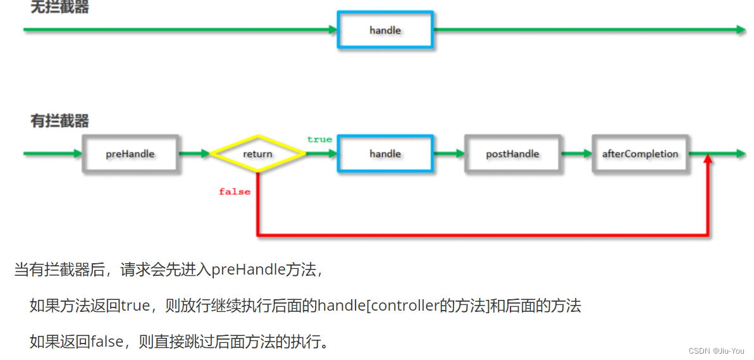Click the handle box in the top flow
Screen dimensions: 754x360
pos(385,30)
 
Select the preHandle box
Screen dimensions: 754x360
pos(130,154)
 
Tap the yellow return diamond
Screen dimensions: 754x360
pos(257,154)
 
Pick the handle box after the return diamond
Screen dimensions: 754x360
pos(385,154)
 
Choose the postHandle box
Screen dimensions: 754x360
pos(512,154)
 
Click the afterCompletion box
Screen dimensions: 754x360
pos(640,154)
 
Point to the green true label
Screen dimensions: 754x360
pos(319,139)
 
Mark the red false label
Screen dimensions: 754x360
pos(235,192)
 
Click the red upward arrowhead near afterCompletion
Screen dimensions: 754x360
pos(708,163)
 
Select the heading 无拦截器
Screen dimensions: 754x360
pos(60,8)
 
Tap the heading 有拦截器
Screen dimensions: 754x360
pos(60,121)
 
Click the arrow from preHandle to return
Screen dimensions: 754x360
pos(194,153)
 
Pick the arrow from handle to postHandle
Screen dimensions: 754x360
pos(448,153)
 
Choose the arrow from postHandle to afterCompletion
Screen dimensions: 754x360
pos(576,153)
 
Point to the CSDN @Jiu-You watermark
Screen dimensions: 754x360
pos(717,351)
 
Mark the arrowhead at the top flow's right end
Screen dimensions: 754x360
pos(741,30)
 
